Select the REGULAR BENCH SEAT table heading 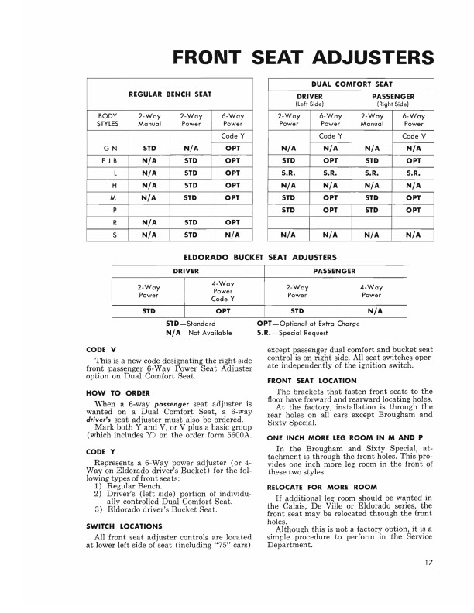170,94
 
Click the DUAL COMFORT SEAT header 352,84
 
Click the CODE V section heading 101,350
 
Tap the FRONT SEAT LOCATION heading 311,381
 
